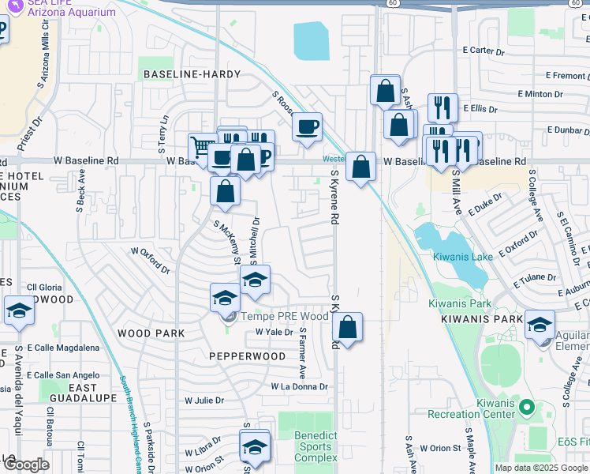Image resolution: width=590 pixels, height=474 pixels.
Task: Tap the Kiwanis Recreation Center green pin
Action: tap(530, 408)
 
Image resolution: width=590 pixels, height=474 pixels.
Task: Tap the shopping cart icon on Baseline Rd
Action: tap(202, 147)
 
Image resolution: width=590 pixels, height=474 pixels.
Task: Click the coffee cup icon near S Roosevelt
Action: tap(307, 126)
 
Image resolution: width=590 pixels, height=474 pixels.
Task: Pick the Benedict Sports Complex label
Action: tap(316, 446)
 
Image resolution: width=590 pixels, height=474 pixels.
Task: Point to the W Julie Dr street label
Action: tap(204, 401)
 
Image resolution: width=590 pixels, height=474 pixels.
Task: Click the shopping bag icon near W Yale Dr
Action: tap(348, 325)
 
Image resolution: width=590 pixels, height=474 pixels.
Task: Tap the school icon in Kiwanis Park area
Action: tap(540, 325)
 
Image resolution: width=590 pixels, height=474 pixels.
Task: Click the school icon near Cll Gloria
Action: tap(19, 310)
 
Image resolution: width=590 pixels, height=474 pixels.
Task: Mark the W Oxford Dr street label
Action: tap(150, 260)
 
